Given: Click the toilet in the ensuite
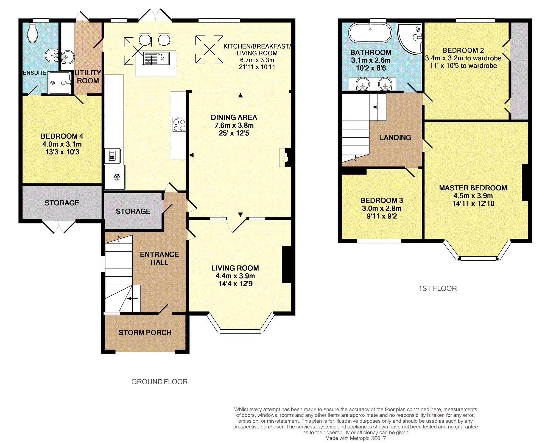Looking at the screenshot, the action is [32, 33].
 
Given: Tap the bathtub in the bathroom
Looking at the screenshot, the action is [370, 33].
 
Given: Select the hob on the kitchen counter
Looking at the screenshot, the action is [179, 125].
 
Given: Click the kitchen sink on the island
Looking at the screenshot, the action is [156, 58].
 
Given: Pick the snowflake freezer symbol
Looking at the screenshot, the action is [117, 177].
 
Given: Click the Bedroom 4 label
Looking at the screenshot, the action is [62, 136].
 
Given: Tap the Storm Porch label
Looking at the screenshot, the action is [145, 333].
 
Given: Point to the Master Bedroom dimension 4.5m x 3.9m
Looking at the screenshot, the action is [473, 196].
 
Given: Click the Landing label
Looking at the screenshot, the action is [396, 138].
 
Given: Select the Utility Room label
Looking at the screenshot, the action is [88, 77].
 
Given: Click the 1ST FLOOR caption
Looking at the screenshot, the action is [438, 288].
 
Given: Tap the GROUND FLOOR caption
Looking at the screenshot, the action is [160, 382].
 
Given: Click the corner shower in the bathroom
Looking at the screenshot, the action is [409, 38].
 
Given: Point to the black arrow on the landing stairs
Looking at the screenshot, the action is [378, 107].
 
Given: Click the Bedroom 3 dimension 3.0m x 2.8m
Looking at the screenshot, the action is [382, 208].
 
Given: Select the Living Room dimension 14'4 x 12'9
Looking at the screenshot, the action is [235, 284].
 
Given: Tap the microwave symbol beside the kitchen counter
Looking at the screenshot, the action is [112, 156].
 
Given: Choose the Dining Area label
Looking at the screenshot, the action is [234, 117].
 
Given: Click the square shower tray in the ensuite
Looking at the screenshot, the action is [60, 83].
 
